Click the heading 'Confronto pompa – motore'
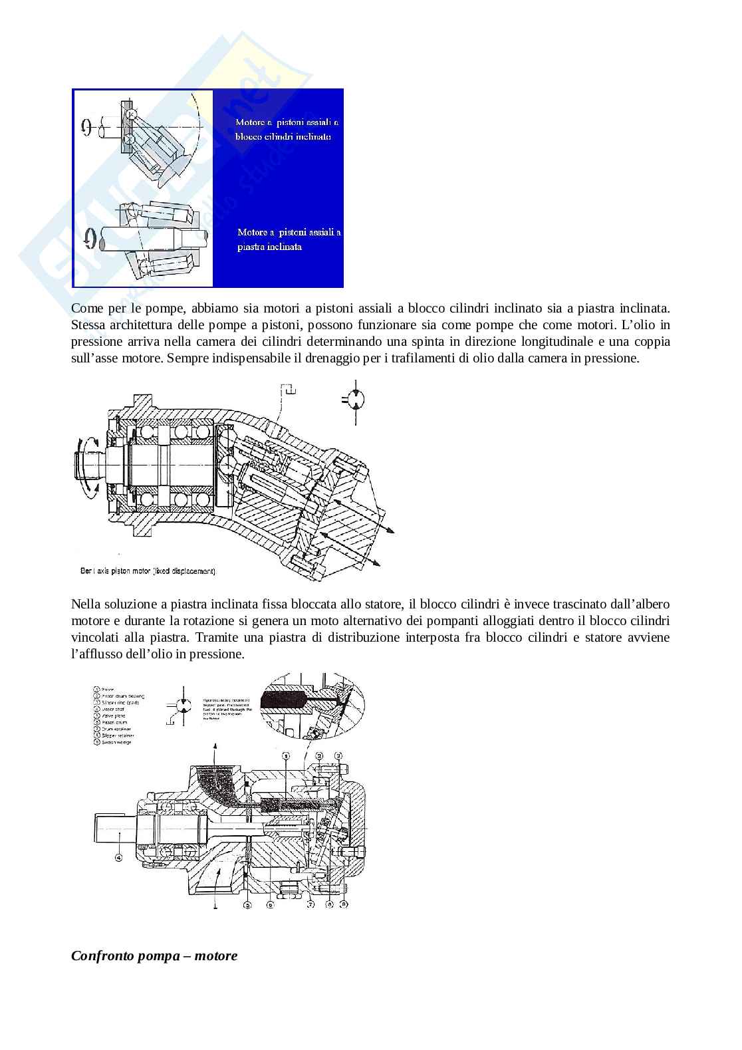154,956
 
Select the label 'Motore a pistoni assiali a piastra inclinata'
289,239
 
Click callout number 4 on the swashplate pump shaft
118,858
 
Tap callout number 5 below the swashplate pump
247,905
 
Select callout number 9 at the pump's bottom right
344,905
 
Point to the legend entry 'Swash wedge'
118,742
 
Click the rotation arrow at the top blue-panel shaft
86,126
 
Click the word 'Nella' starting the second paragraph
84,604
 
